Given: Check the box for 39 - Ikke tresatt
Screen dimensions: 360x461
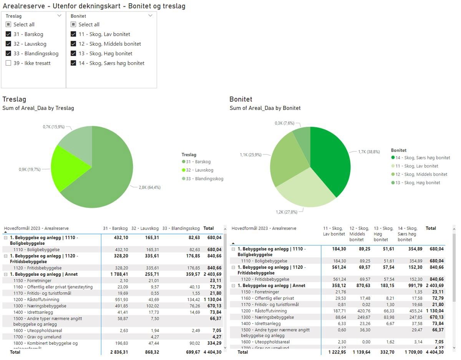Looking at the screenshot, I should click(8, 63).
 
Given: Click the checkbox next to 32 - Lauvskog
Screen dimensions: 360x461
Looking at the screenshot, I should click(8, 44).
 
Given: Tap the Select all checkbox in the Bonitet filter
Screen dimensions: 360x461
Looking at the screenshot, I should click(73, 25).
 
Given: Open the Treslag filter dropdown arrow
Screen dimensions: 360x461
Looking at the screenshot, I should click(59, 16).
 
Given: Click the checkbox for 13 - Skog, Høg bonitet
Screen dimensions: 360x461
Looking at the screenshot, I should click(73, 53).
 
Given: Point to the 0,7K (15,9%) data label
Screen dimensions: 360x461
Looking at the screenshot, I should click(54, 127).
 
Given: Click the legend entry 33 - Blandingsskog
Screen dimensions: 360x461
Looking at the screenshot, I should click(203, 179).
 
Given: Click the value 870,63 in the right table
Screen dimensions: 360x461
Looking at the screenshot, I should click(359, 285).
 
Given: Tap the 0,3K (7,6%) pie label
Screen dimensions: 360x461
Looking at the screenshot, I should click(285, 123).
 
